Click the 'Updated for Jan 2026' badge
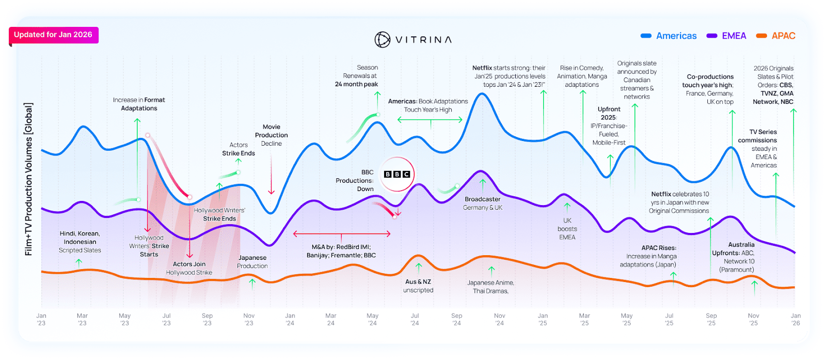click(x=53, y=35)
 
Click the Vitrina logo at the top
click(x=413, y=40)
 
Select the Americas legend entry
click(x=669, y=36)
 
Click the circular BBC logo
click(x=397, y=174)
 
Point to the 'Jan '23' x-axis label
click(x=41, y=319)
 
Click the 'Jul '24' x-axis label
click(x=415, y=319)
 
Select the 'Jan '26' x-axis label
click(x=796, y=319)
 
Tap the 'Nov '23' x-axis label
click(x=249, y=319)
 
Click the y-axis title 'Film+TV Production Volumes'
click(x=28, y=179)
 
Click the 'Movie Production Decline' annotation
click(x=272, y=135)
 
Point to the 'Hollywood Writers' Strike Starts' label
click(x=149, y=246)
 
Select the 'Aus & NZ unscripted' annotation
click(x=418, y=286)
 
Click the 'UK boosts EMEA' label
click(x=567, y=229)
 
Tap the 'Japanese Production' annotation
click(x=252, y=262)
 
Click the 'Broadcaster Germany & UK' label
click(x=483, y=203)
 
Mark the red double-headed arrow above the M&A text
click(x=342, y=234)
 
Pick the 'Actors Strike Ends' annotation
click(x=239, y=149)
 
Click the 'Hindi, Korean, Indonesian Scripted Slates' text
click(x=80, y=242)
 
